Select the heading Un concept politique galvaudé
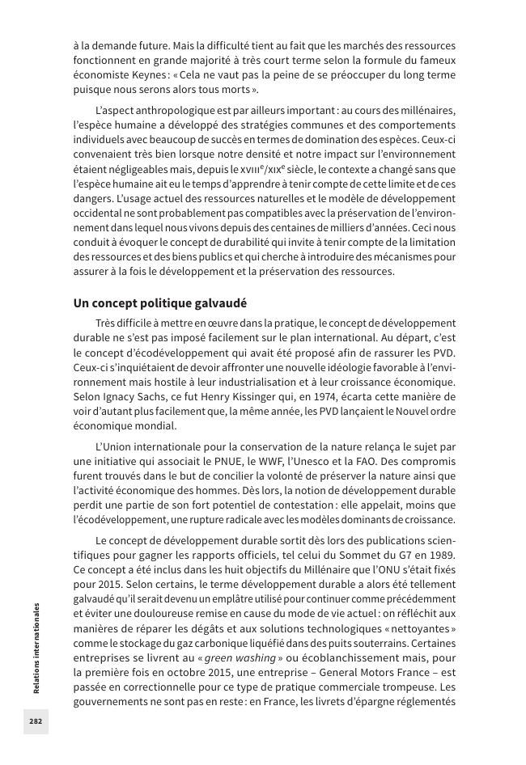[x=159, y=303]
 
